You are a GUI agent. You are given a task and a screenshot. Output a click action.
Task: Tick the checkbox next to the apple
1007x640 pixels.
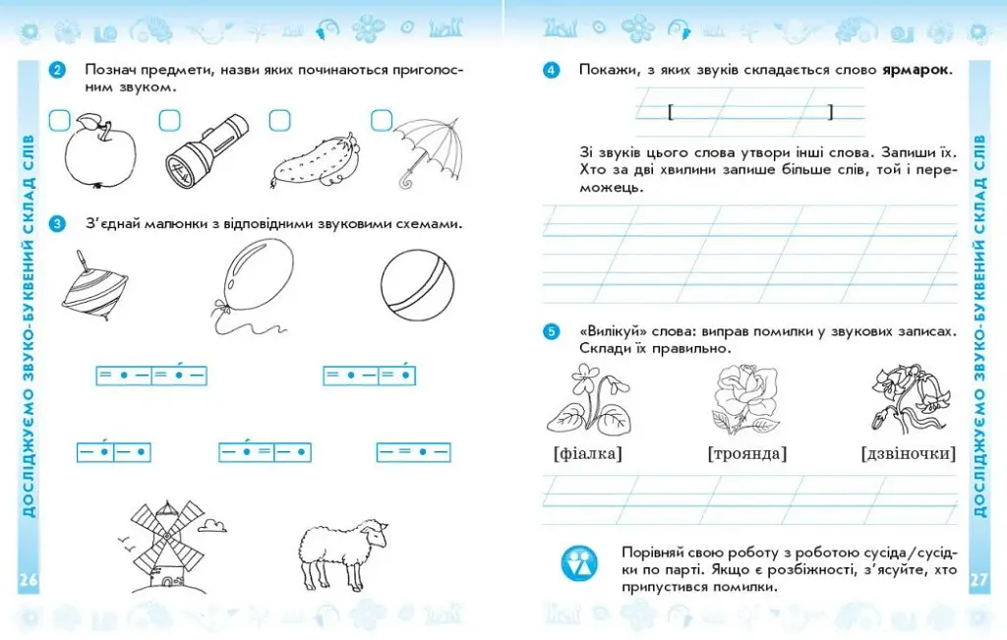pyautogui.click(x=60, y=121)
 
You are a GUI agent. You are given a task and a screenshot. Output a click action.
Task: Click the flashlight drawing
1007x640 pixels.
pyautogui.click(x=207, y=152)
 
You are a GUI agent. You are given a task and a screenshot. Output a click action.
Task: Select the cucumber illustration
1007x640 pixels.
pyautogui.click(x=315, y=162)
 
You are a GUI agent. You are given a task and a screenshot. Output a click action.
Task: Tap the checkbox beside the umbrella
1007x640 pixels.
pyautogui.click(x=382, y=120)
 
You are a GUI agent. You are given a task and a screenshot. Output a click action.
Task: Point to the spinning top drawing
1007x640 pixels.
pyautogui.click(x=95, y=286)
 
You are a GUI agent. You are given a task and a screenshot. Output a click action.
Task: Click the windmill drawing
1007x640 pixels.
pyautogui.click(x=165, y=546)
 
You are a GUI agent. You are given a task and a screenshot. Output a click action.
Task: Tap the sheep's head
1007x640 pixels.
pyautogui.click(x=373, y=532)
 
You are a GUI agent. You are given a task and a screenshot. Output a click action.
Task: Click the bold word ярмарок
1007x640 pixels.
pyautogui.click(x=916, y=70)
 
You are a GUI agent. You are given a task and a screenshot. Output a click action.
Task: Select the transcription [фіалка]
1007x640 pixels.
pyautogui.click(x=588, y=453)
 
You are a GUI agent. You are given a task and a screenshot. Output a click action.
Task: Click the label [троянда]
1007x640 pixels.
pyautogui.click(x=747, y=453)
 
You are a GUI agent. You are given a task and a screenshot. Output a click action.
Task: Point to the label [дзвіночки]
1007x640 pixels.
pyautogui.click(x=908, y=453)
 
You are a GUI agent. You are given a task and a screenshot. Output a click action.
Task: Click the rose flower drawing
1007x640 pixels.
pyautogui.click(x=745, y=398)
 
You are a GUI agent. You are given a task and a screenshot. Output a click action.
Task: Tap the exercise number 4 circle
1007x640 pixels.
pyautogui.click(x=551, y=70)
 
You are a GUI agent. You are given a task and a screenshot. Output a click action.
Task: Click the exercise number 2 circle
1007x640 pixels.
pyautogui.click(x=57, y=70)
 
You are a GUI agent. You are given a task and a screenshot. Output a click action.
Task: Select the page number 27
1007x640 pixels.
pyautogui.click(x=978, y=580)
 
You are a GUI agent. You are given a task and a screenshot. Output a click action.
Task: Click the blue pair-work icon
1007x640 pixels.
pyautogui.click(x=580, y=563)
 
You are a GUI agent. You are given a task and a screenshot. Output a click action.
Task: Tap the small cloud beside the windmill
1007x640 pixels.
pyautogui.click(x=212, y=525)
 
